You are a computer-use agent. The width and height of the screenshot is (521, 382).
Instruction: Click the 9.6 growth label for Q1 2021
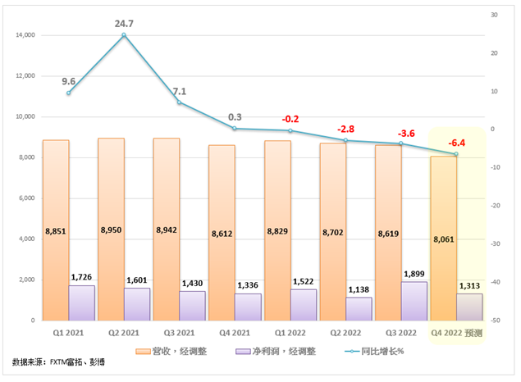[68, 81]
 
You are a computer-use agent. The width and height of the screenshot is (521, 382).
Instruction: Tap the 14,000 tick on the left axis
[27, 36]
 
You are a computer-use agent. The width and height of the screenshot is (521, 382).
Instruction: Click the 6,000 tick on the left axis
[30, 198]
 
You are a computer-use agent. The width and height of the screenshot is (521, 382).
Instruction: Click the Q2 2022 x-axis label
[345, 334]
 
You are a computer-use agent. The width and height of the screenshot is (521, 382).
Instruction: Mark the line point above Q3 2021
[180, 102]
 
